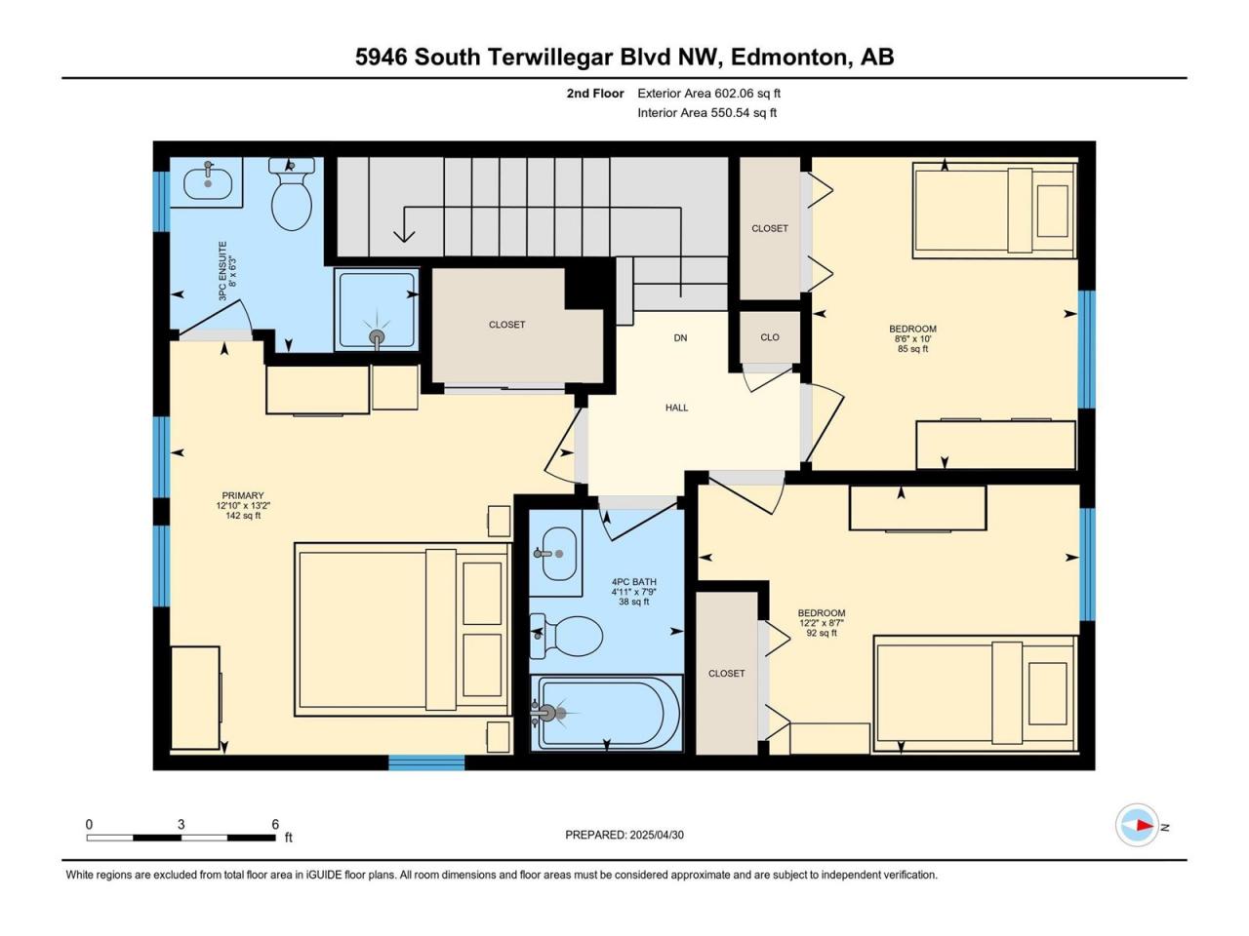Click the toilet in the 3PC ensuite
tap(292, 193)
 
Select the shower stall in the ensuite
tap(376, 309)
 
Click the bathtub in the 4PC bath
tap(606, 713)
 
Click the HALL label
tap(676, 408)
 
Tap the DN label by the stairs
tap(680, 337)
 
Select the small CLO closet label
tap(770, 337)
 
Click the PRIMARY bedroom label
tap(243, 495)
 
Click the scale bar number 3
tap(181, 824)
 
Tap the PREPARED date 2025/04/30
tap(656, 835)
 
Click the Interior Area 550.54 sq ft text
tap(706, 112)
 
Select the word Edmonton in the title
tap(787, 57)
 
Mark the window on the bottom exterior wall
tap(426, 762)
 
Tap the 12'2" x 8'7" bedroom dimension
tap(821, 623)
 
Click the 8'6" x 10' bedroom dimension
tap(912, 338)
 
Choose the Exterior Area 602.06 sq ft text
tap(709, 94)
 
